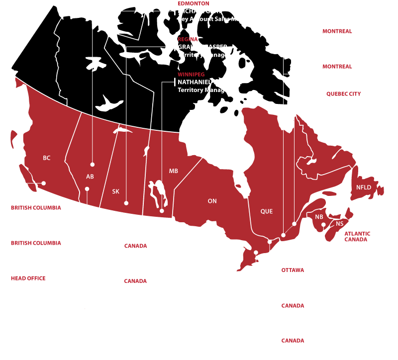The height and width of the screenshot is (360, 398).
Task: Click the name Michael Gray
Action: tap(199, 11)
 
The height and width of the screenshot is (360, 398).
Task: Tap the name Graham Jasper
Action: tap(202, 47)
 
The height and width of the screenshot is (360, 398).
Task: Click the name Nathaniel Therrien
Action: tap(210, 82)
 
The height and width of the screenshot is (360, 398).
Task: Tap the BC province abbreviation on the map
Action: tap(47, 158)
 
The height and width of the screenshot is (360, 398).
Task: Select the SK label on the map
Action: tap(115, 191)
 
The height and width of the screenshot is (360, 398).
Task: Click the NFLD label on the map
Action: tap(364, 187)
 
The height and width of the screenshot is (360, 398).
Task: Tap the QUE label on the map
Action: tap(267, 211)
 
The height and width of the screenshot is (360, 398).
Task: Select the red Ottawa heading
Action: tap(293, 270)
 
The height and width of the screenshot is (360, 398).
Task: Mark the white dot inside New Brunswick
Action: tap(323, 225)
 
